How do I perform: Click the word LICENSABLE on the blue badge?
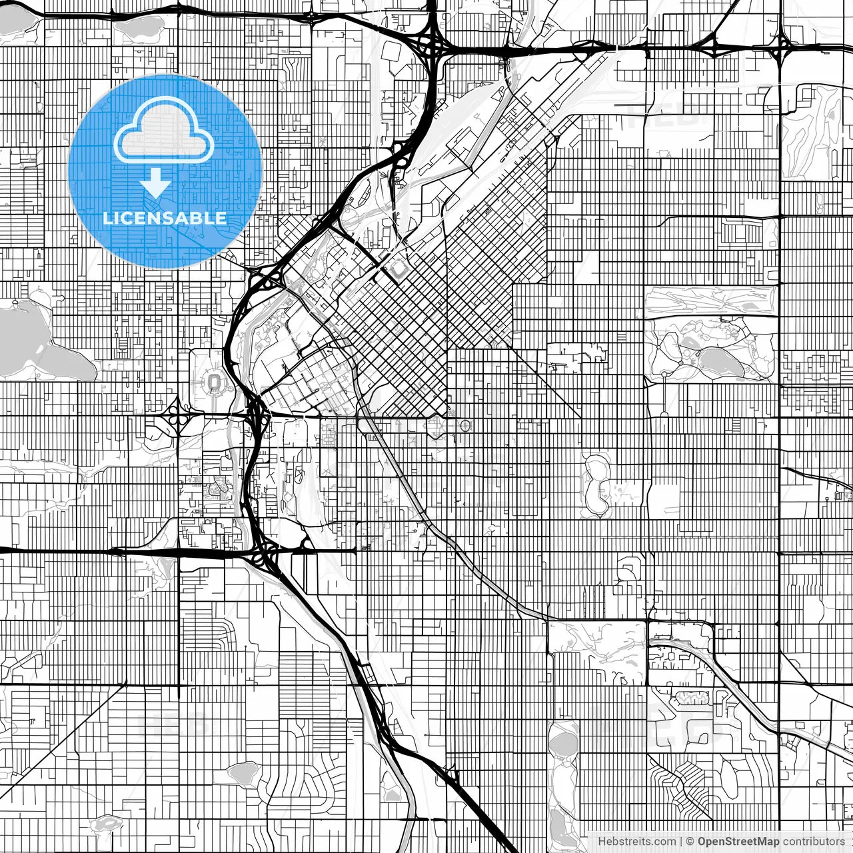tap(165, 218)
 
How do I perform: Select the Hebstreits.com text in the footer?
tap(636, 841)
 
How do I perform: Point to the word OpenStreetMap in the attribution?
tap(738, 841)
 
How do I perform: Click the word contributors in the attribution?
tap(813, 841)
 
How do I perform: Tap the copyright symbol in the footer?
tap(690, 841)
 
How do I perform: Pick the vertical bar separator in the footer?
tap(680, 841)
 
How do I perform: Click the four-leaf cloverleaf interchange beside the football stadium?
tap(178, 418)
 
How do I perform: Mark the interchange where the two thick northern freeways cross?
tap(430, 45)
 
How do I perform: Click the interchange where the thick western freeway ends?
tap(267, 552)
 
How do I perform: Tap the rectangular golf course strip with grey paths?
tap(710, 301)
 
